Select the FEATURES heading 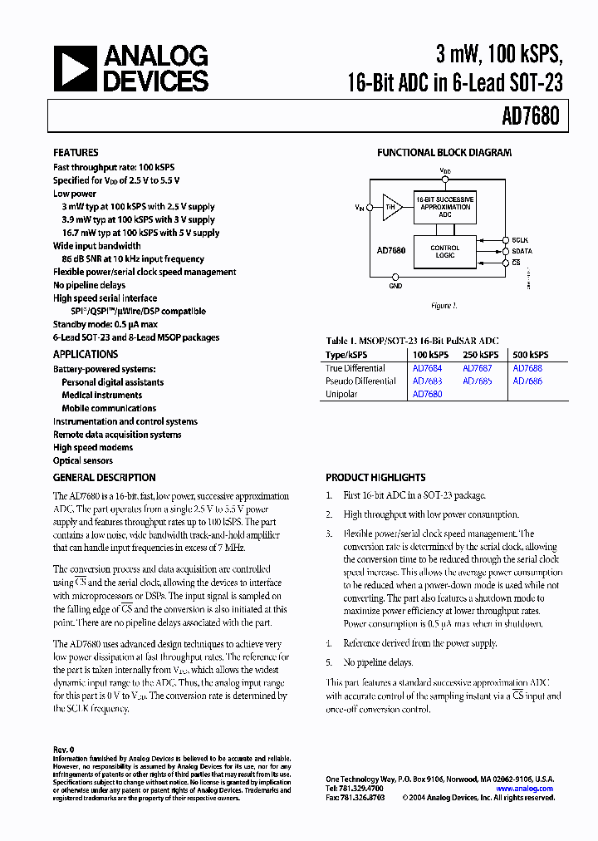[76, 153]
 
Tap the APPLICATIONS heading [86, 354]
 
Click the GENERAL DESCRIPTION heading [104, 478]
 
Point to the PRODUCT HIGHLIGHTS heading [375, 478]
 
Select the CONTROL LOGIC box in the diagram [445, 252]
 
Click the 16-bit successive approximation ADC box [445, 207]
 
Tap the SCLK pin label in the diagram [521, 239]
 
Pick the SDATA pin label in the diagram [522, 250]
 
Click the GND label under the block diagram [395, 286]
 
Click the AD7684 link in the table [427, 368]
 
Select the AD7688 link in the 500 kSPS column [527, 368]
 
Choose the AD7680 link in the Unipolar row [427, 395]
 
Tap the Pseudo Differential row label [360, 381]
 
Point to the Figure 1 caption [444, 306]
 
